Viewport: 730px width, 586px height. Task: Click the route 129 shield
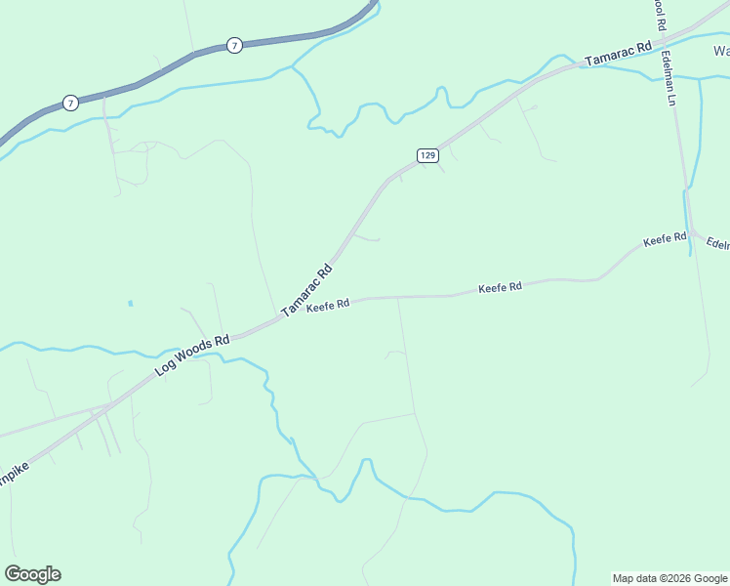(427, 155)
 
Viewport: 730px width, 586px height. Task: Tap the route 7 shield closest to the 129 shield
(233, 46)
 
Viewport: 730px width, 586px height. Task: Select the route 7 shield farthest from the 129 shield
(69, 102)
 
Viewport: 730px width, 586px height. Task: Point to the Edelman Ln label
(672, 79)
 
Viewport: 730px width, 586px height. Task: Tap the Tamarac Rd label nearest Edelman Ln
(618, 54)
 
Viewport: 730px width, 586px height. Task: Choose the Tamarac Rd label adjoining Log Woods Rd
(307, 290)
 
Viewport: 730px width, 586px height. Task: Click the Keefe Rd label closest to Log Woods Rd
(328, 307)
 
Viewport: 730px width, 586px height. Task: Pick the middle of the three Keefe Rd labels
(500, 287)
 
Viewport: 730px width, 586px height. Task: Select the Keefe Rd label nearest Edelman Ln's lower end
(665, 238)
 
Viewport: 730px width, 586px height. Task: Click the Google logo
(32, 574)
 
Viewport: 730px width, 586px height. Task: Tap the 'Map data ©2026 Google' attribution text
(669, 578)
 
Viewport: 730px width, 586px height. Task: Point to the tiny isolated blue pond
(130, 304)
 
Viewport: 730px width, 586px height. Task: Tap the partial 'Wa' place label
(721, 51)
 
